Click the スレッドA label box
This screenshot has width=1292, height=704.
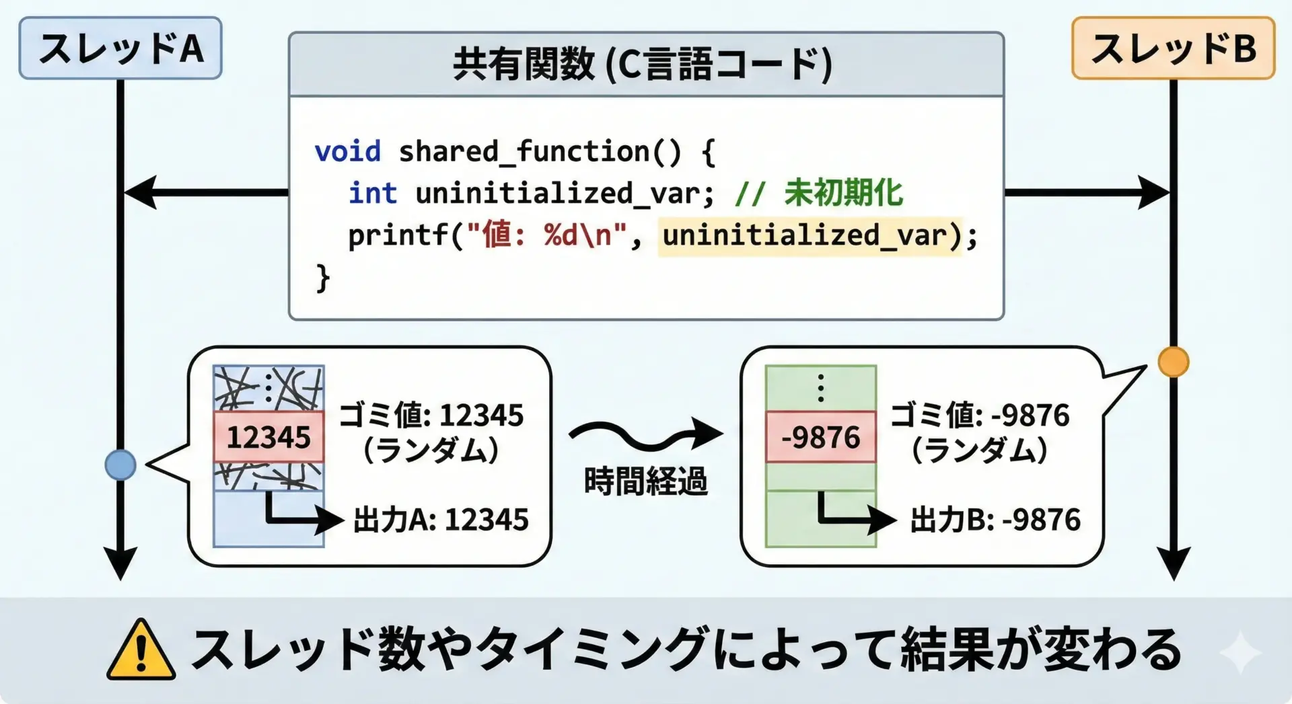(x=120, y=48)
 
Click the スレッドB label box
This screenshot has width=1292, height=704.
(x=1173, y=48)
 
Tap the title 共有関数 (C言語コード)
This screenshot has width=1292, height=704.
(x=643, y=65)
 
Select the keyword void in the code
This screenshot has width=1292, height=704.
(x=347, y=151)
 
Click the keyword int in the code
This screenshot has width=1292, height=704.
(x=373, y=193)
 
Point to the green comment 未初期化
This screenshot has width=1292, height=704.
(x=843, y=193)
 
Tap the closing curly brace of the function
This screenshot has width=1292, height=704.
(x=323, y=278)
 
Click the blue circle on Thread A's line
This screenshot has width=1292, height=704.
(x=120, y=465)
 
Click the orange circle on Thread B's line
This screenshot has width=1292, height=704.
(x=1174, y=362)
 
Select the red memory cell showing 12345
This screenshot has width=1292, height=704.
(x=268, y=436)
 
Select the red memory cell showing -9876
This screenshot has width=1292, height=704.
(x=821, y=436)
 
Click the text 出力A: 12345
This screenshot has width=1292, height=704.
(x=441, y=520)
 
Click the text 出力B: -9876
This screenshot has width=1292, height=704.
(x=995, y=520)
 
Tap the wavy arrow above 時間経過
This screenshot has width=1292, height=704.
(x=645, y=435)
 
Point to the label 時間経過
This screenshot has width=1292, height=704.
(x=645, y=481)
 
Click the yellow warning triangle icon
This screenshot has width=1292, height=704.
(x=141, y=650)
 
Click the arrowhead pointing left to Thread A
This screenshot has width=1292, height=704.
(x=140, y=193)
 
